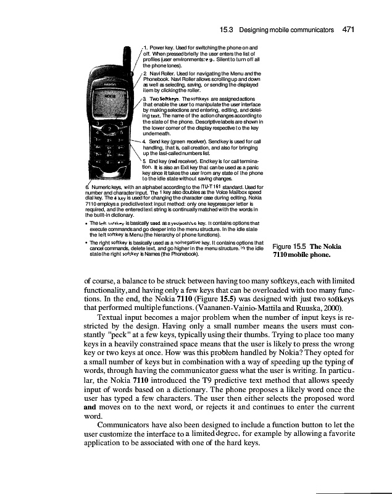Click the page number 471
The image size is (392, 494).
347,28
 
